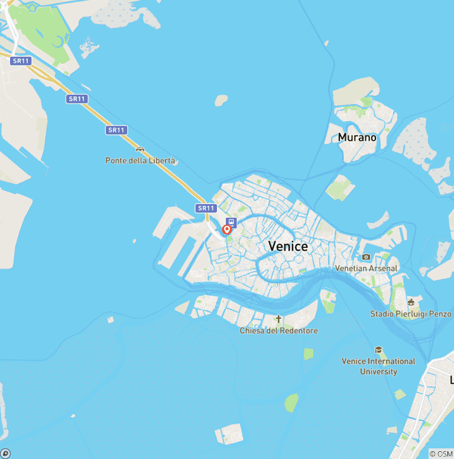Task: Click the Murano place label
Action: (357, 137)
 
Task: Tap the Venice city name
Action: (288, 246)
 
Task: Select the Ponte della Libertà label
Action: (141, 160)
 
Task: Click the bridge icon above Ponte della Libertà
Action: (140, 148)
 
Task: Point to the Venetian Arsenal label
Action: (367, 268)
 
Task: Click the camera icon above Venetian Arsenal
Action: (367, 257)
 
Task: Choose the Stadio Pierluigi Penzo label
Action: (411, 313)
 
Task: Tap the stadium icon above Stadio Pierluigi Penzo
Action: (411, 302)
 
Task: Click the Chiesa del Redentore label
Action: (278, 331)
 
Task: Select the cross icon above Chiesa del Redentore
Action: (278, 319)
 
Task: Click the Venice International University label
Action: (378, 366)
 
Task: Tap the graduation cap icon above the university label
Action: (378, 350)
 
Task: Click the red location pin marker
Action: (226, 229)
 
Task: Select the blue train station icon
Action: (231, 222)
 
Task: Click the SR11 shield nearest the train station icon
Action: (206, 208)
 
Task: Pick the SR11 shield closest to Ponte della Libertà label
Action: (117, 130)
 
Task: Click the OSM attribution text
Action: (441, 454)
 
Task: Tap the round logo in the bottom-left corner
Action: (5, 454)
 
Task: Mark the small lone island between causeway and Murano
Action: (221, 101)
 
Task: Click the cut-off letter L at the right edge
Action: (451, 379)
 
